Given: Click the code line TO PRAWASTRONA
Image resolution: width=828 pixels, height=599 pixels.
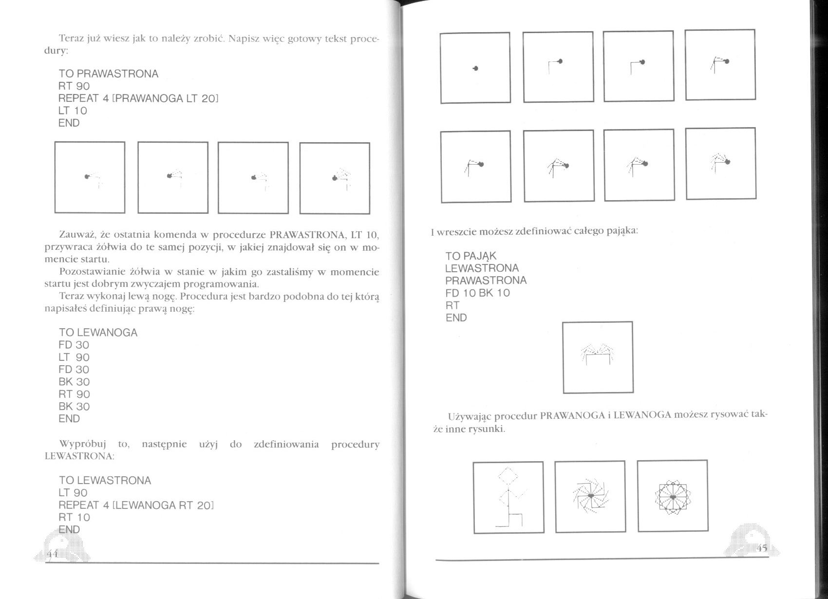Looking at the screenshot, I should [x=108, y=74].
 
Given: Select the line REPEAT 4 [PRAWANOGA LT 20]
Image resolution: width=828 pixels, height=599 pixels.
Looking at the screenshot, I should [x=138, y=98].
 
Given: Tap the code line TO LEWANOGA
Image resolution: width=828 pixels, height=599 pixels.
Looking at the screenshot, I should [x=98, y=333].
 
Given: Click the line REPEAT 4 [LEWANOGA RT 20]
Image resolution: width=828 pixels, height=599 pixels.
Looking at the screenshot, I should [x=136, y=505].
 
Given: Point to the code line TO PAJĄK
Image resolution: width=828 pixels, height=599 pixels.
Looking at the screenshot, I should [x=470, y=256].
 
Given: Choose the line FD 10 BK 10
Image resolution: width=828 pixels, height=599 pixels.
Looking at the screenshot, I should [x=477, y=293].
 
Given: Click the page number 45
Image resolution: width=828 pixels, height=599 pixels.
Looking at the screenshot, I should [x=762, y=548].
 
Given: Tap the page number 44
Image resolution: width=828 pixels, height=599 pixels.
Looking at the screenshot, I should [x=52, y=554].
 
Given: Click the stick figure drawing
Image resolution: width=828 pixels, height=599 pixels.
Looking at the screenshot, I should [x=508, y=497].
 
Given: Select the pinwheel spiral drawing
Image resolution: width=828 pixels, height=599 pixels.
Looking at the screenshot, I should [x=590, y=496].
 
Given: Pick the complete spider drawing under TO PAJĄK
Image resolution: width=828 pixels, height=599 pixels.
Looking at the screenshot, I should [x=598, y=357].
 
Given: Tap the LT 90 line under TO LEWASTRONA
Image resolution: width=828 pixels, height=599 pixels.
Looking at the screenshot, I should [x=73, y=493].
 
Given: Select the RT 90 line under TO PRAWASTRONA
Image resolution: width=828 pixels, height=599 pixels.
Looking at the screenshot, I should [x=74, y=86].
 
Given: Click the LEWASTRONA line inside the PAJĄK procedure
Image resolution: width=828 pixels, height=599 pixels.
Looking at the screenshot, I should [x=482, y=268].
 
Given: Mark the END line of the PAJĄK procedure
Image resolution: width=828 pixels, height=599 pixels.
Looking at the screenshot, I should [x=456, y=318].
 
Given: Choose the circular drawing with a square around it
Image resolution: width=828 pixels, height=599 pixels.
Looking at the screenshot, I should [x=672, y=497].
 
